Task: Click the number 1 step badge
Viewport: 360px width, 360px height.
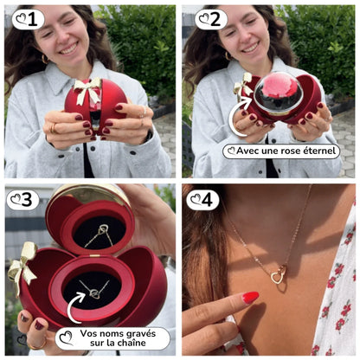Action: (28, 19)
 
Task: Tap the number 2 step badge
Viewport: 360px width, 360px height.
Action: (210, 19)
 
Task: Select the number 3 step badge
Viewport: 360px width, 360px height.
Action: (23, 200)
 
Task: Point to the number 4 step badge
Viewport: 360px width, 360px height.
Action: (202, 200)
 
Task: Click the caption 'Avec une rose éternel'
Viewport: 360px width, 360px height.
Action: (281, 151)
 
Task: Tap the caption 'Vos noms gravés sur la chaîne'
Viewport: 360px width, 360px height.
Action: (112, 337)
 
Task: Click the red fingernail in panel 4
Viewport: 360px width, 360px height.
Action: (250, 298)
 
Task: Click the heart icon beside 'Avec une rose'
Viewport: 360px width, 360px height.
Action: (232, 151)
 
